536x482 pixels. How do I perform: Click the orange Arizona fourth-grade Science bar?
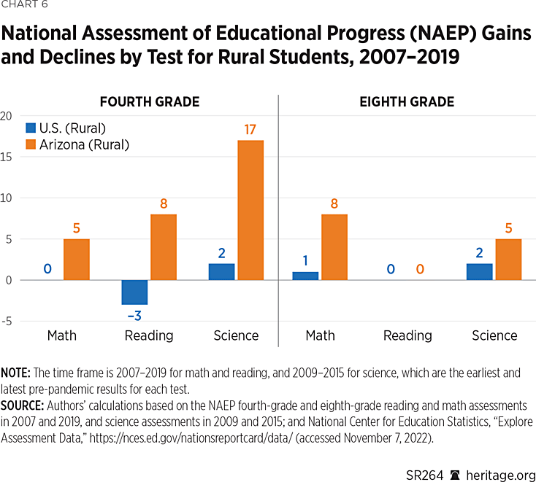250,210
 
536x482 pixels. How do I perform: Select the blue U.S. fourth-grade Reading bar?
134,292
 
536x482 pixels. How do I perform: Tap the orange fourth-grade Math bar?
77,259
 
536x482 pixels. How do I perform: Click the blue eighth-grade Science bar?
480,271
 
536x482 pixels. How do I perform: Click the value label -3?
134,316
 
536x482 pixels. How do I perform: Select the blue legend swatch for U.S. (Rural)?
32,128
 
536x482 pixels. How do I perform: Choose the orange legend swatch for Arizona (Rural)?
32,144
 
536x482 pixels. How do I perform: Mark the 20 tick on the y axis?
7,115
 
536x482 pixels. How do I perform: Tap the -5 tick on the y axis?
7,321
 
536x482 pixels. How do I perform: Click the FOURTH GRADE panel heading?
150,102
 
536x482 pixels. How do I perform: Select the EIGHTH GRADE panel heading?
407,102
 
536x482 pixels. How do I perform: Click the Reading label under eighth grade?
407,335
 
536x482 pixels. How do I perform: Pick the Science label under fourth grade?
236,335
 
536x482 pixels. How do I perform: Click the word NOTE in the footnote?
15,373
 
